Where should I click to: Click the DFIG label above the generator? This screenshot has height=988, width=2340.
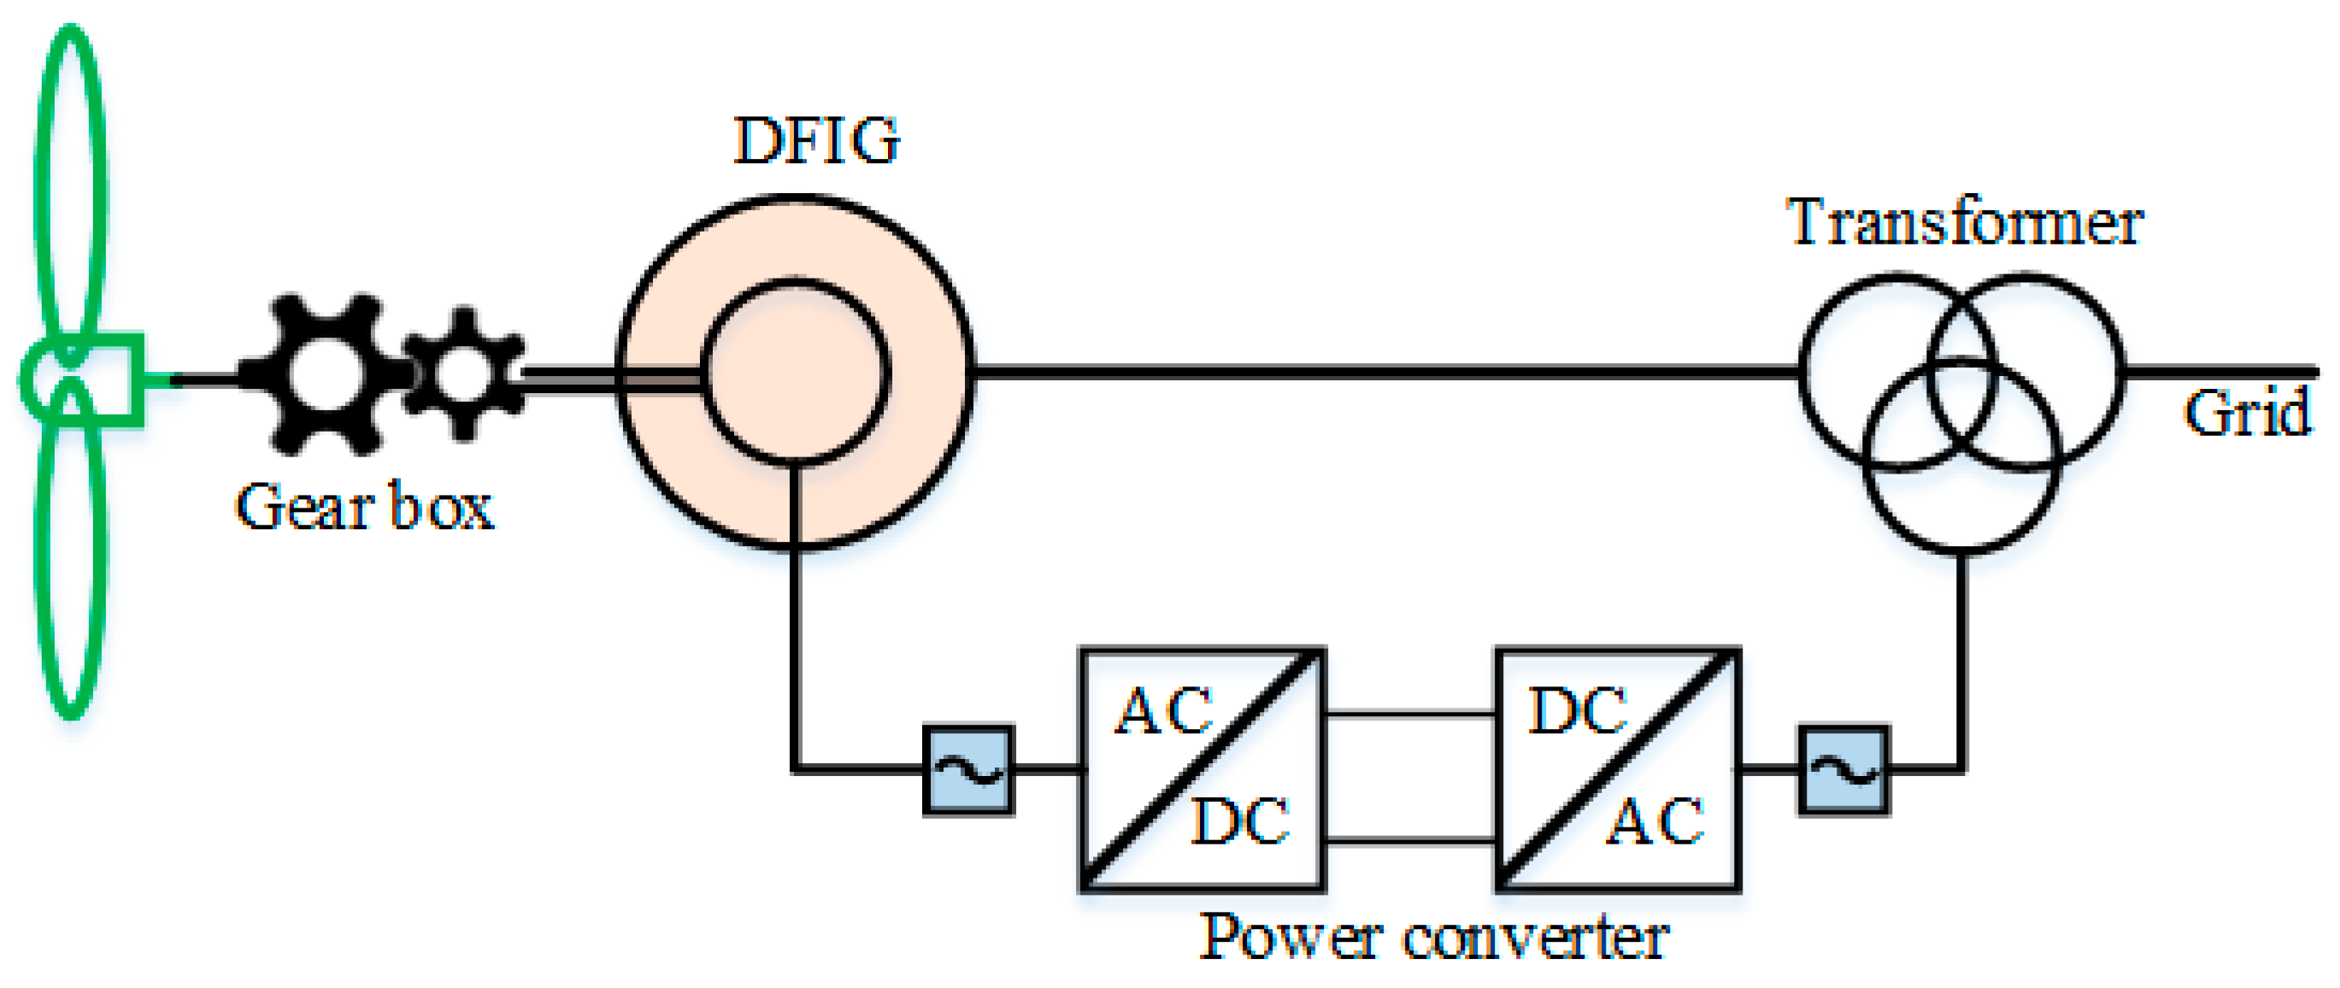815,142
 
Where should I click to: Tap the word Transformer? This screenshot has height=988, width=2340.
1966,222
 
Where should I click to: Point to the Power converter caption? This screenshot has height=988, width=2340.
1434,937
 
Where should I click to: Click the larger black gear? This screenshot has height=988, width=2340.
323,374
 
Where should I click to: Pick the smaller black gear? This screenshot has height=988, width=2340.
464,374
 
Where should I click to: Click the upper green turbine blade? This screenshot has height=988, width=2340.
70,181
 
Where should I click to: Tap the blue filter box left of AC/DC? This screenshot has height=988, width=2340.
968,770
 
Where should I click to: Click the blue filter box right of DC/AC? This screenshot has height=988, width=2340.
1844,770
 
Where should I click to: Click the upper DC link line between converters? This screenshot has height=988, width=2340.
1410,715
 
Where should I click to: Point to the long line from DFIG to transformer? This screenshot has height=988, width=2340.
1381,372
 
